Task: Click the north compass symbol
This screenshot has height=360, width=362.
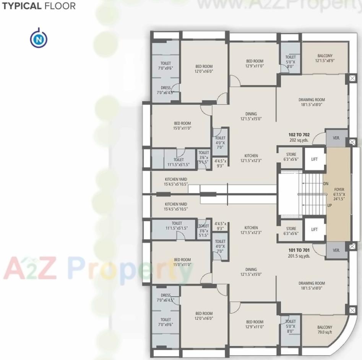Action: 39,39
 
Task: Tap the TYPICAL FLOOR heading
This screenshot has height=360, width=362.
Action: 39,6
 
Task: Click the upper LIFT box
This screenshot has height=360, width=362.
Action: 314,159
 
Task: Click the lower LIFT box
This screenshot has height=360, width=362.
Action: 314,229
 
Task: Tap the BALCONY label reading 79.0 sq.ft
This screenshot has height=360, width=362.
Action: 325,330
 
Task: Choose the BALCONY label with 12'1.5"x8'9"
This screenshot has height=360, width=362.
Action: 325,58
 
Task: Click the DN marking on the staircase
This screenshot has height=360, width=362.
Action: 326,184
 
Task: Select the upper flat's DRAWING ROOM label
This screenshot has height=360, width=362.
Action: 312,102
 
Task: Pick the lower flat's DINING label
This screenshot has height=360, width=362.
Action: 248,272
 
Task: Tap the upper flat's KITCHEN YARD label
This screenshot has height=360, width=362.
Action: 176,182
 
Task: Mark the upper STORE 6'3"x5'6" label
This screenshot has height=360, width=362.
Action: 291,157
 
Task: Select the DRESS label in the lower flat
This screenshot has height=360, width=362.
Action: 166,297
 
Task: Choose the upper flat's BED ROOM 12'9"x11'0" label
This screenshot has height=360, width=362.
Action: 255,63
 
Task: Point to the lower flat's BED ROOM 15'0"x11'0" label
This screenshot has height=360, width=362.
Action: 182,262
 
